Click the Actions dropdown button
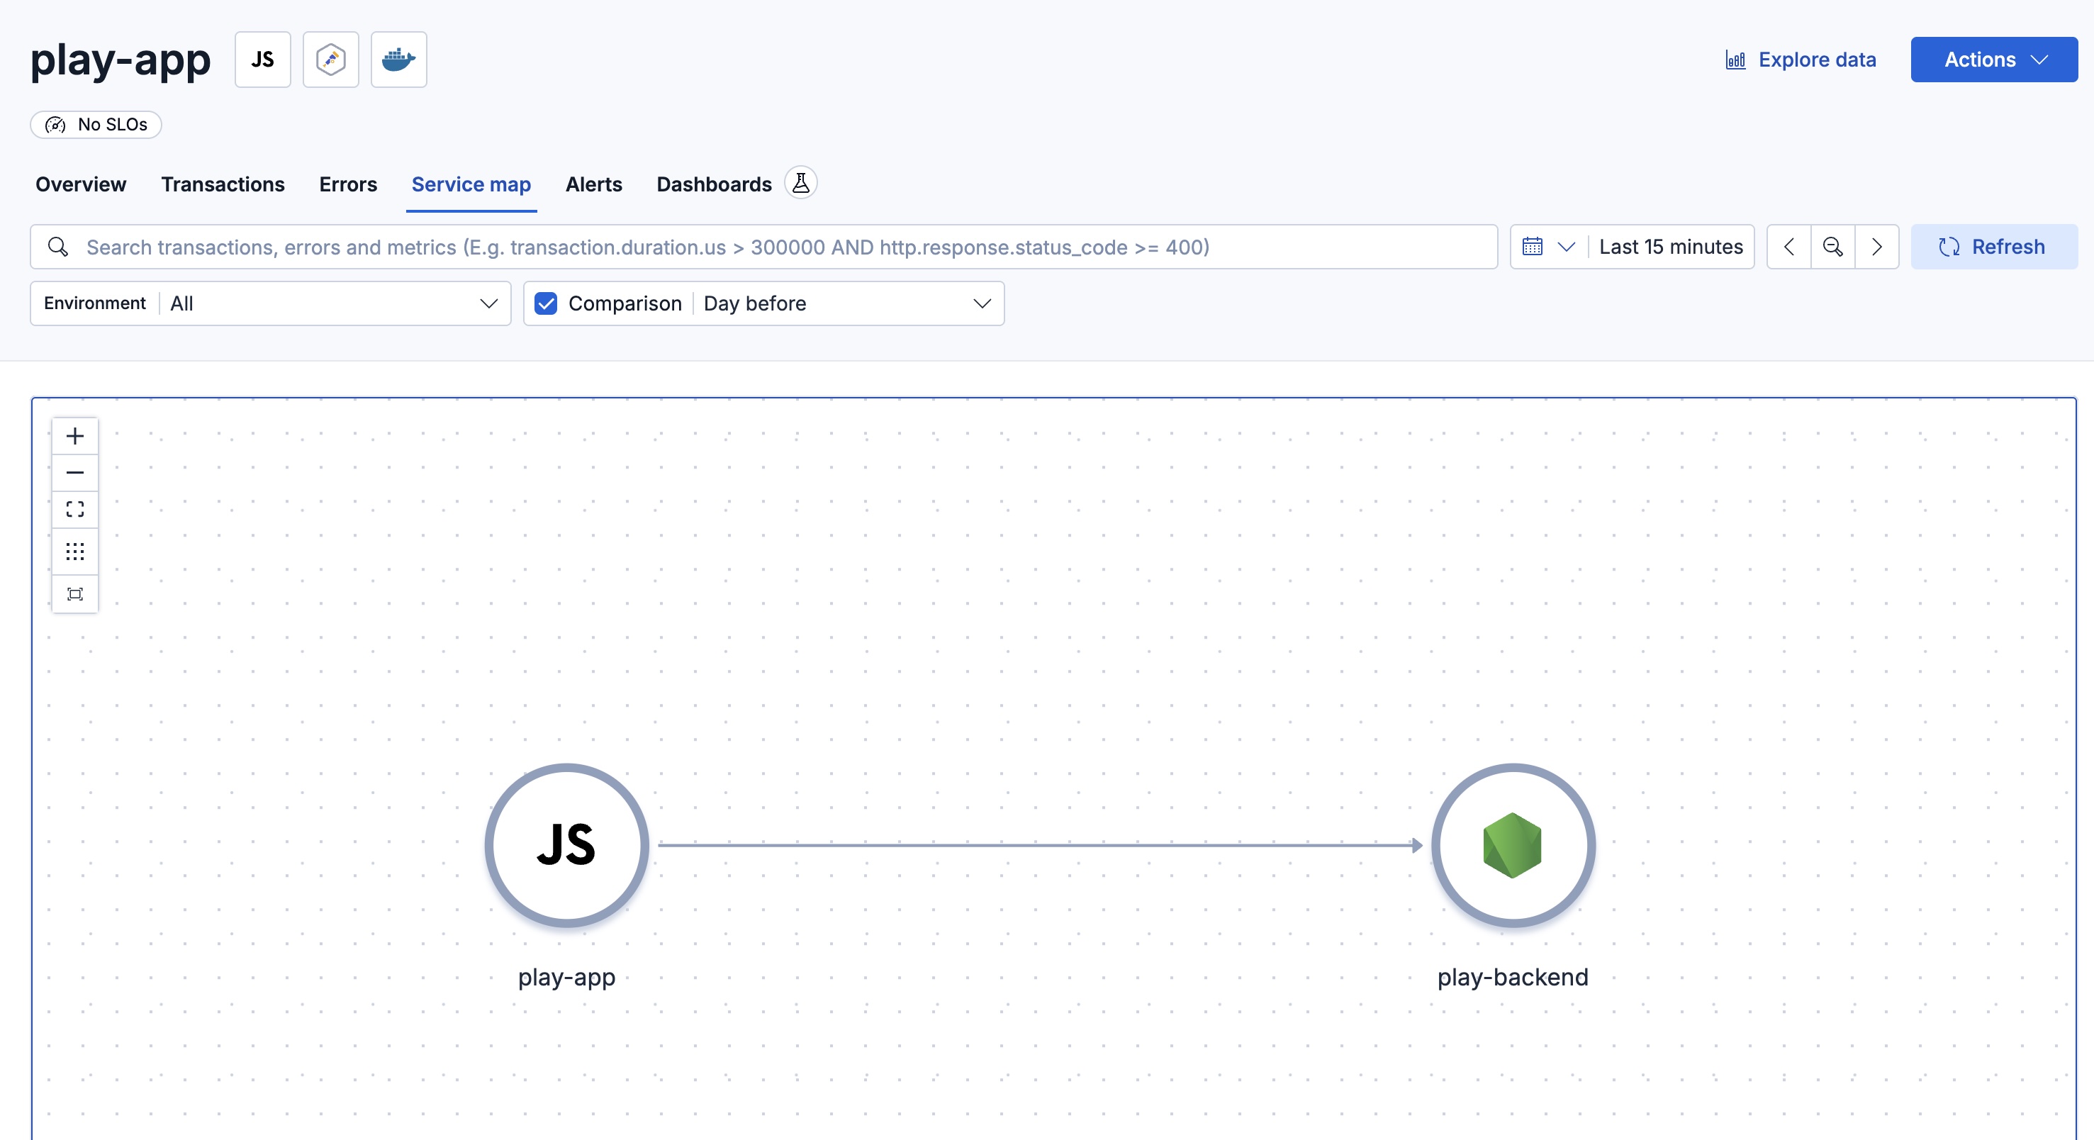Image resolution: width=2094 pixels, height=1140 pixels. click(1993, 60)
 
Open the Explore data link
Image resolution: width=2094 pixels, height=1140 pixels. click(1801, 60)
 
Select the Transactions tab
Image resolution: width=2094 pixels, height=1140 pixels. click(223, 184)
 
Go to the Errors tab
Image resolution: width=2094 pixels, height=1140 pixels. click(348, 184)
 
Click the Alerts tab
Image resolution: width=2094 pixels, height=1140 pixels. click(593, 184)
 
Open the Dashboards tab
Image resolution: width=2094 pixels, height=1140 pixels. click(714, 184)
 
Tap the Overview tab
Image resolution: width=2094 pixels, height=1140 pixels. click(81, 184)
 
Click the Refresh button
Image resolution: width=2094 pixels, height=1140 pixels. click(1993, 247)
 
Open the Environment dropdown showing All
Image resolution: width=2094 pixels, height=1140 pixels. click(271, 303)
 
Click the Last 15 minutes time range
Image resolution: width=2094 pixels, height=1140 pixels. click(1671, 247)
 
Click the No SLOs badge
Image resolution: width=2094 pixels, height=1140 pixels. click(96, 124)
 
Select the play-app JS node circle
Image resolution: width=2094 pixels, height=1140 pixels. click(566, 845)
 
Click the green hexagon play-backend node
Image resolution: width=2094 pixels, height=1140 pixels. click(1512, 845)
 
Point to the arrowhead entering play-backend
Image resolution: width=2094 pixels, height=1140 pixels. click(1417, 846)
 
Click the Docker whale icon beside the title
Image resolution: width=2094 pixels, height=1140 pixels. click(398, 60)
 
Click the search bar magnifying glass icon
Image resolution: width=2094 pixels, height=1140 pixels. click(57, 247)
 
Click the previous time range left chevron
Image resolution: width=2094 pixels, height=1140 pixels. click(1788, 247)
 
